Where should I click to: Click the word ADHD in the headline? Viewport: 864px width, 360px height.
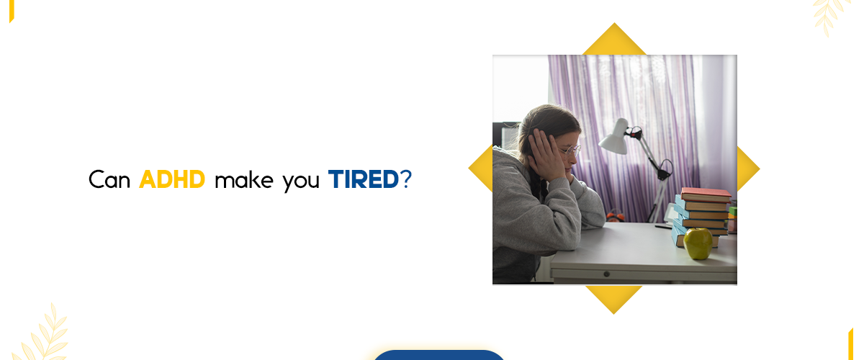click(172, 179)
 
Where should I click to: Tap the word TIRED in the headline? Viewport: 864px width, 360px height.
click(364, 179)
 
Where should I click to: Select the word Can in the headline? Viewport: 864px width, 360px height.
click(109, 179)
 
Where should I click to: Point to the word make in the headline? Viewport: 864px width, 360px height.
click(244, 179)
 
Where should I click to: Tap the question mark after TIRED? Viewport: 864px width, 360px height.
click(407, 179)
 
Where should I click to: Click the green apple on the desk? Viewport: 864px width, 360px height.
click(698, 243)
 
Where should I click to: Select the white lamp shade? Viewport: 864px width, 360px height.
click(613, 138)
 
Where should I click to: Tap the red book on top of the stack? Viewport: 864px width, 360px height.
click(706, 194)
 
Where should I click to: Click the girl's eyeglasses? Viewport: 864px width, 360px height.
click(570, 150)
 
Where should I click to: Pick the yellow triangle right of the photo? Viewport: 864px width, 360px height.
click(747, 169)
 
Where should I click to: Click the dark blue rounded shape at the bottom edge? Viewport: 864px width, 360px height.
click(438, 355)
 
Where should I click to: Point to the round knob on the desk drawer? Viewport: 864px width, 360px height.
click(606, 274)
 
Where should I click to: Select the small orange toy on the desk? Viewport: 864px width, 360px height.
click(613, 215)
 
